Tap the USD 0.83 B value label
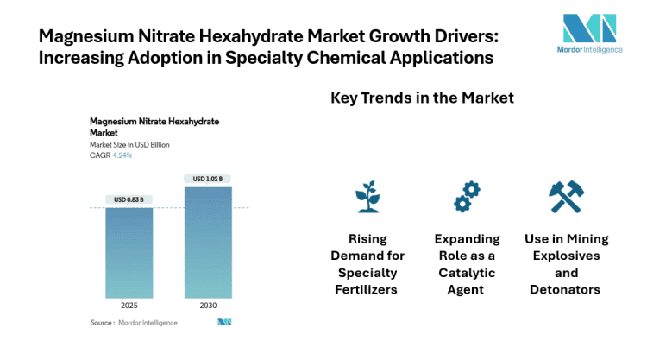pyautogui.click(x=129, y=199)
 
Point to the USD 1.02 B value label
pyautogui.click(x=208, y=179)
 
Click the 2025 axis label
pyautogui.click(x=129, y=306)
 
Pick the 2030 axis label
pyautogui.click(x=208, y=306)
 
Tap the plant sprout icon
pyautogui.click(x=367, y=197)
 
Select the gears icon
pyautogui.click(x=467, y=197)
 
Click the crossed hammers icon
pyautogui.click(x=567, y=197)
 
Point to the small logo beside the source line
pyautogui.click(x=224, y=322)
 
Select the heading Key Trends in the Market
pyautogui.click(x=422, y=98)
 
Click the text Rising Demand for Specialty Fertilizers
pyautogui.click(x=367, y=263)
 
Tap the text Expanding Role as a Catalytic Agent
pyautogui.click(x=467, y=263)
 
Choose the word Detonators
pyautogui.click(x=567, y=289)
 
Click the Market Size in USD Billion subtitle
pyautogui.click(x=129, y=145)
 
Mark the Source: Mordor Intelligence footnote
pyautogui.click(x=134, y=322)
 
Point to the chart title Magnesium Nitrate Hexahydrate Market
pyautogui.click(x=154, y=127)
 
